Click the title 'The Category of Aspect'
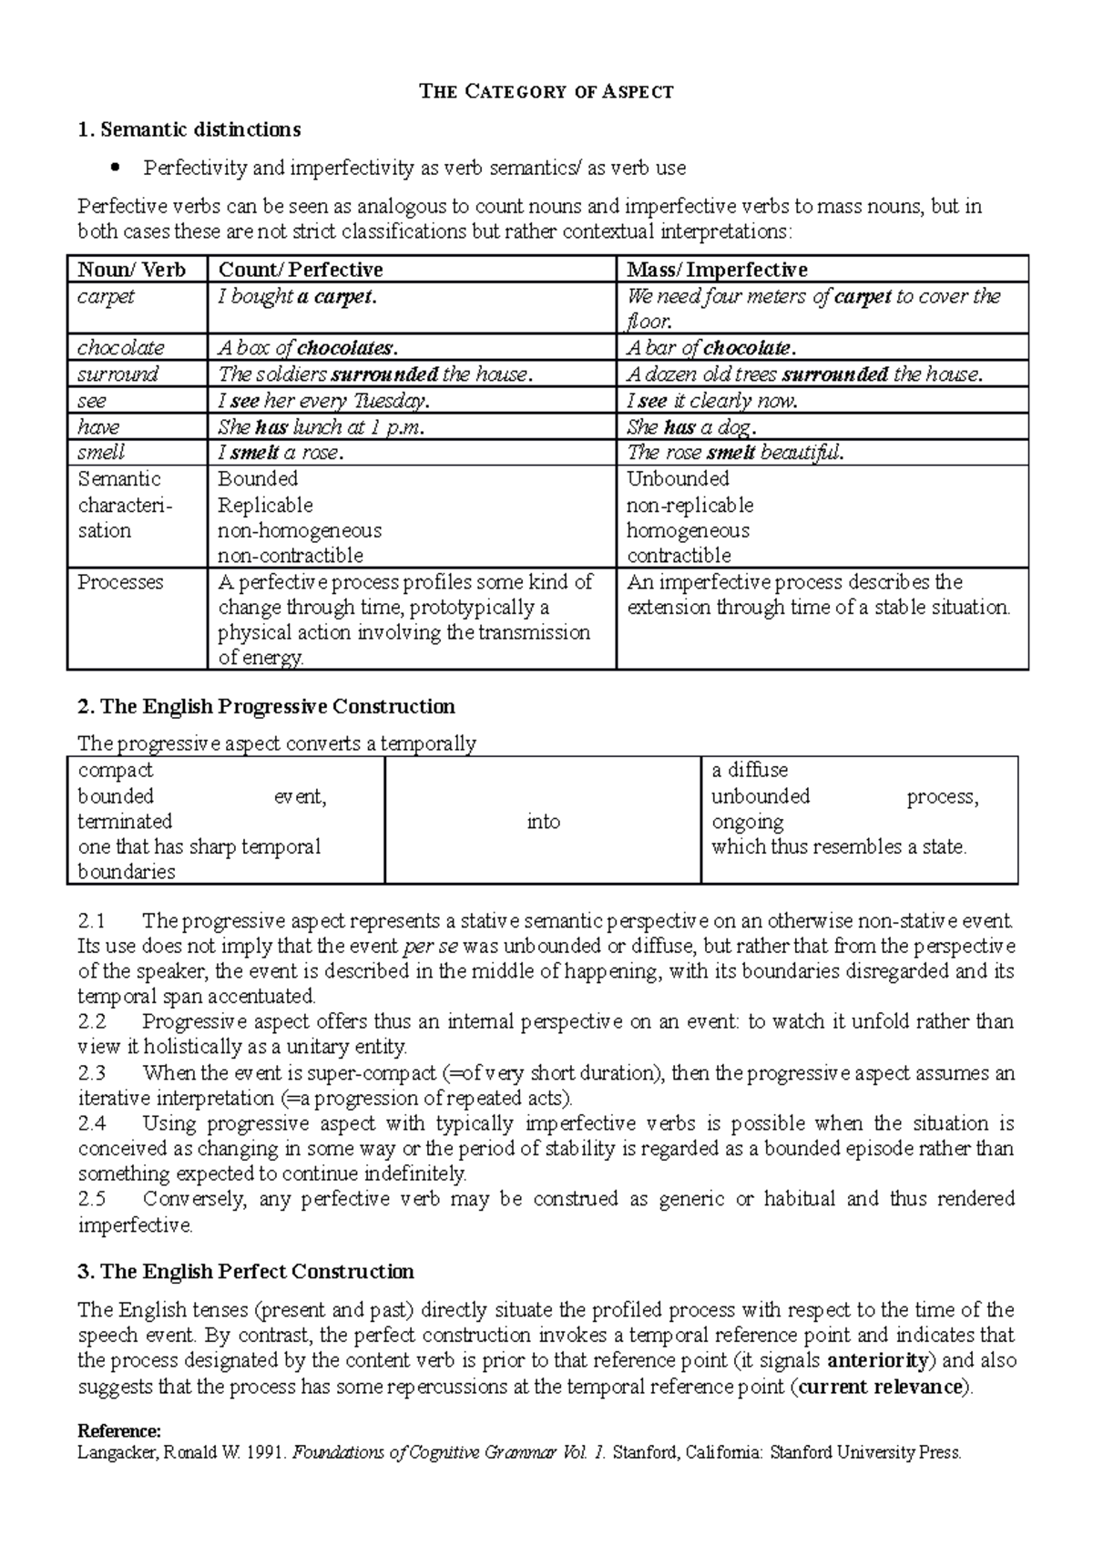tap(546, 91)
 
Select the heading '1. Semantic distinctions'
tap(189, 129)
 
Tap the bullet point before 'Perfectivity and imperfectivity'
tap(115, 168)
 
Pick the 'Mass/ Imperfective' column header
tap(717, 270)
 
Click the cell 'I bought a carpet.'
tap(297, 297)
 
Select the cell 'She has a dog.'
tap(691, 427)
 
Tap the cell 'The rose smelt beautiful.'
tap(735, 453)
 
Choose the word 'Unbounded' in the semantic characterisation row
tap(678, 479)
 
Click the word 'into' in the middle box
tap(543, 822)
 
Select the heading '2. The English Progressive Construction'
tap(266, 707)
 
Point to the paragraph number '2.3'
tap(92, 1073)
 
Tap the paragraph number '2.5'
tap(92, 1199)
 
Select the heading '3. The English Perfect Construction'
tap(246, 1272)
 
